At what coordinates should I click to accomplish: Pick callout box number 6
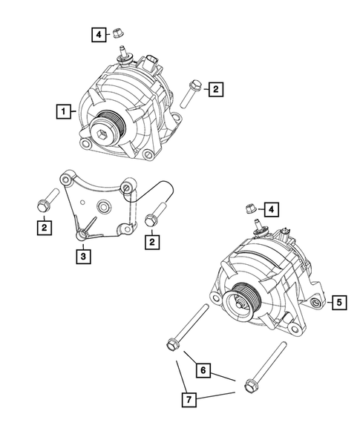click(x=201, y=367)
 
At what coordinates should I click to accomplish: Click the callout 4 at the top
click(x=98, y=33)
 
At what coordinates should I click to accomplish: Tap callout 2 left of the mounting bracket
click(x=45, y=228)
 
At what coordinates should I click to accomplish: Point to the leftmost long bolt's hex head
click(x=170, y=344)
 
